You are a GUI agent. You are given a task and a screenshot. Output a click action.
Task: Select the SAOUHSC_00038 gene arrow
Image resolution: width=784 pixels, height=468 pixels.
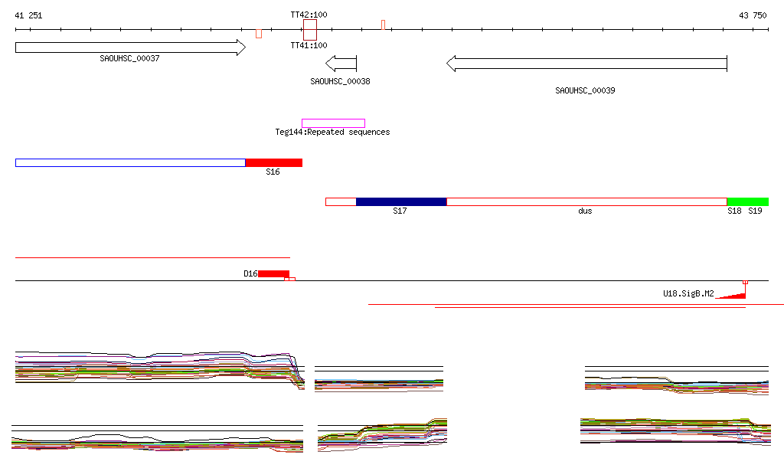(x=341, y=64)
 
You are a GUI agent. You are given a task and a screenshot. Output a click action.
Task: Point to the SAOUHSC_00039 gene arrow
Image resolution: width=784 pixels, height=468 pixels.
(x=586, y=64)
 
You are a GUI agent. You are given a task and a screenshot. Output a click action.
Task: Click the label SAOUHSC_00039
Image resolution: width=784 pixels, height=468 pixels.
(x=585, y=90)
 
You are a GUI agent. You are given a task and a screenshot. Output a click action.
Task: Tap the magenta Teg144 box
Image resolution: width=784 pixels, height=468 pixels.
(x=333, y=123)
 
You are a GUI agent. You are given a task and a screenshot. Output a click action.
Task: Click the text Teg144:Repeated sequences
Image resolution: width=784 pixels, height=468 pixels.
(x=332, y=133)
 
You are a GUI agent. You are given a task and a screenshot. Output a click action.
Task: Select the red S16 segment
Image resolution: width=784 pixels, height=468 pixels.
(x=273, y=162)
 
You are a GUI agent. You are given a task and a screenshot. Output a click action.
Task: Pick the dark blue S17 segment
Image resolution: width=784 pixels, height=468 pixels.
(x=401, y=201)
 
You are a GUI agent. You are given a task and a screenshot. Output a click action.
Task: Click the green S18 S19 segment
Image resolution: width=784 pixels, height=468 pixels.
(x=747, y=201)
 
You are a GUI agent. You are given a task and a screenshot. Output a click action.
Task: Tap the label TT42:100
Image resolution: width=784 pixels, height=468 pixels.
(x=309, y=15)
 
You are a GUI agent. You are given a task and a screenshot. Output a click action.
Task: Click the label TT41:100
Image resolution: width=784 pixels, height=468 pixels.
(x=309, y=45)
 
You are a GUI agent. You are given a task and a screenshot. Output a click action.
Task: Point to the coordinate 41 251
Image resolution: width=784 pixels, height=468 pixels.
(x=29, y=15)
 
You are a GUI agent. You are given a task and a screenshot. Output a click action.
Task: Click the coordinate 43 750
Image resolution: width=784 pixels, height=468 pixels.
(x=753, y=15)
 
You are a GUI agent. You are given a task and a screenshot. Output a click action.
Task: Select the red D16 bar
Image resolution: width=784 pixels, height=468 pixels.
(x=273, y=273)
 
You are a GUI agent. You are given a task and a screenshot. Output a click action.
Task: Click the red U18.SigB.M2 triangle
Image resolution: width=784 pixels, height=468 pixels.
(x=735, y=296)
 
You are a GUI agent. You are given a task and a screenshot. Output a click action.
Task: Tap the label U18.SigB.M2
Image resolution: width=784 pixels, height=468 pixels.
(x=688, y=293)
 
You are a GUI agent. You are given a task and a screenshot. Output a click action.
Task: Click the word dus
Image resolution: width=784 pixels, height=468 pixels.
(x=585, y=211)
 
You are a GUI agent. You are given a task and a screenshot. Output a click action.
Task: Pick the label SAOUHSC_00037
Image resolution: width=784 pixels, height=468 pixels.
(x=129, y=58)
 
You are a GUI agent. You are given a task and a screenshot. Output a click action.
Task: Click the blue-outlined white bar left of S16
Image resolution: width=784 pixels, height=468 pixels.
(x=130, y=162)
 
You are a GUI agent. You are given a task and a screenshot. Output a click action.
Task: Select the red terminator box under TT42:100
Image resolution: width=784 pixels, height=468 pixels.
(x=309, y=31)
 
